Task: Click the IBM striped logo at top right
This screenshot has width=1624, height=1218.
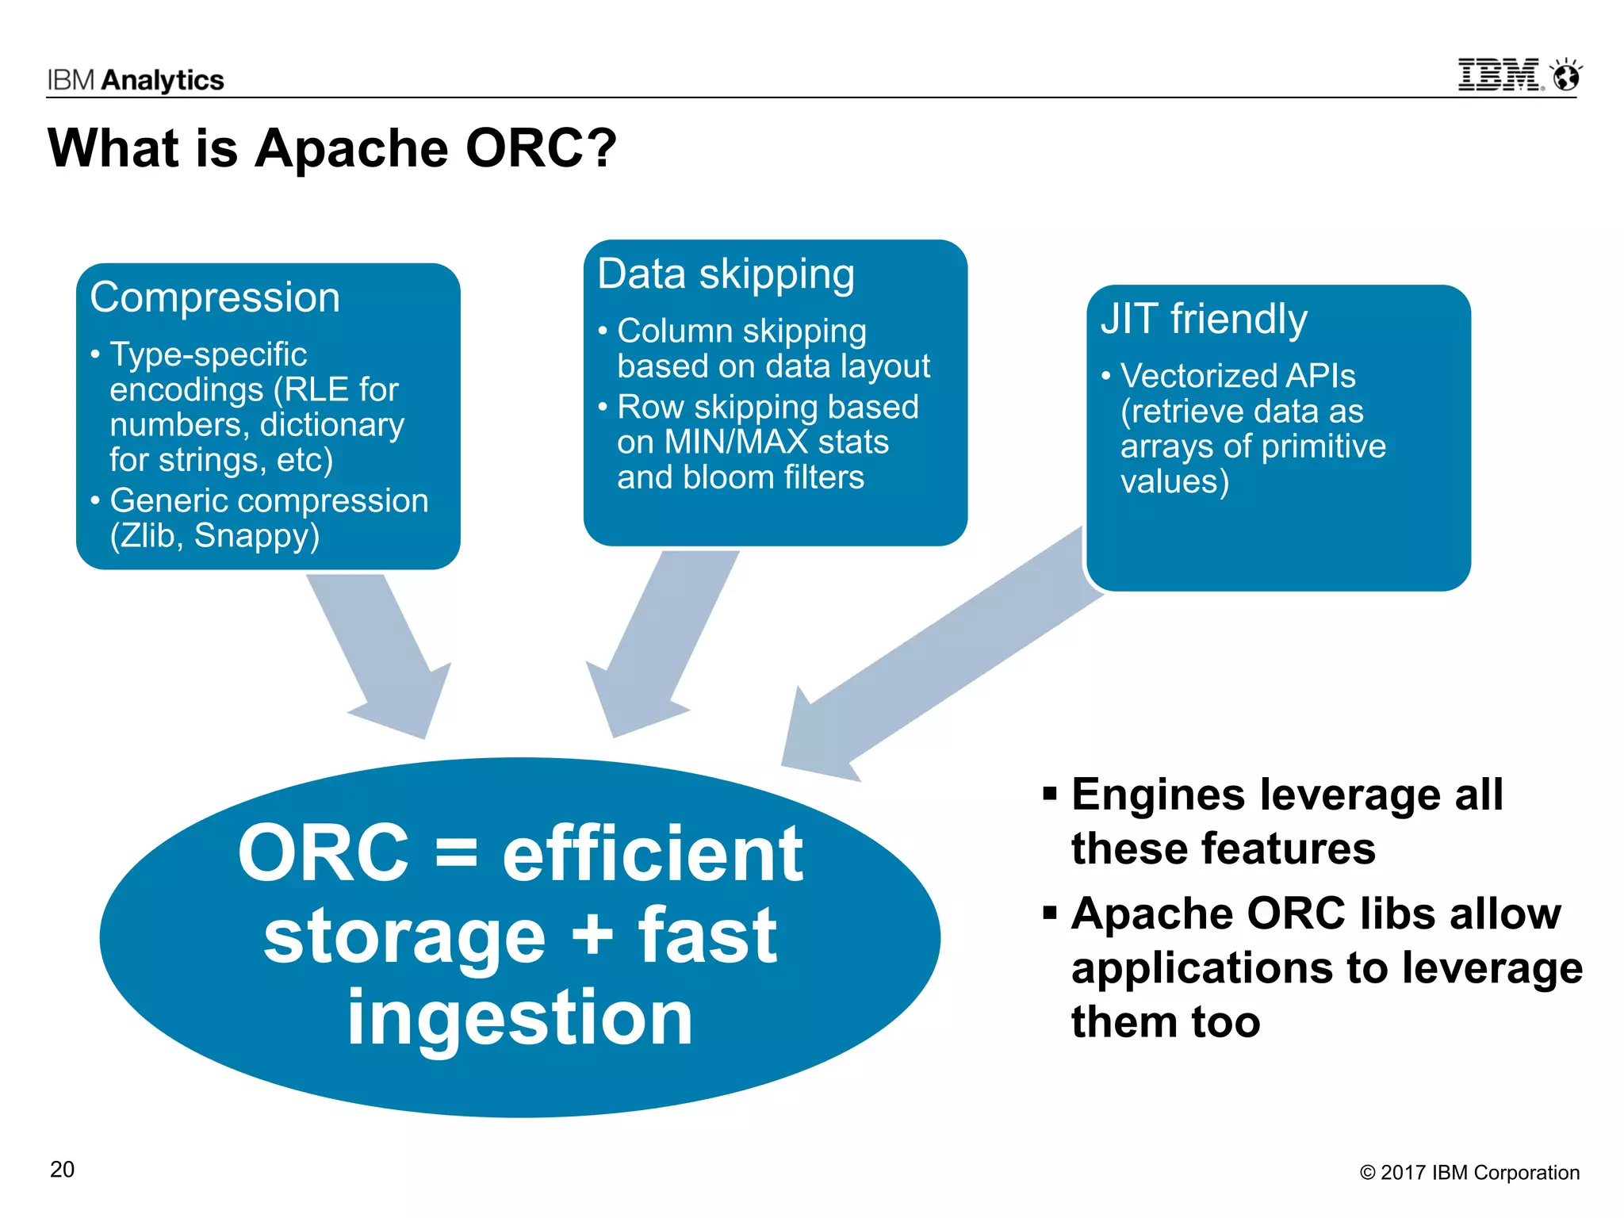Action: (1500, 75)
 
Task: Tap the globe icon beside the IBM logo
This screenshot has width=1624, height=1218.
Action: (1566, 76)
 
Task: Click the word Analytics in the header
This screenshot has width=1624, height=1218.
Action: (163, 80)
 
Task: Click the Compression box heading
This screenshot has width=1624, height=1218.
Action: (215, 298)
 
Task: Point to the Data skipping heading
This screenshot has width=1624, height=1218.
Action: (726, 274)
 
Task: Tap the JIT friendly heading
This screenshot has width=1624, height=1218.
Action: (1203, 320)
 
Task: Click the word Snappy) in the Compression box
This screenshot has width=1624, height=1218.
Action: (257, 536)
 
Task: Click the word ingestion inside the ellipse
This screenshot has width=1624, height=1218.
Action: (520, 1019)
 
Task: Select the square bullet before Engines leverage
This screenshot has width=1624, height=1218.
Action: (1050, 794)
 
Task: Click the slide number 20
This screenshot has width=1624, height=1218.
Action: (62, 1170)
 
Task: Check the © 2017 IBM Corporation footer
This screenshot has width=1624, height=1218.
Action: (1469, 1173)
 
